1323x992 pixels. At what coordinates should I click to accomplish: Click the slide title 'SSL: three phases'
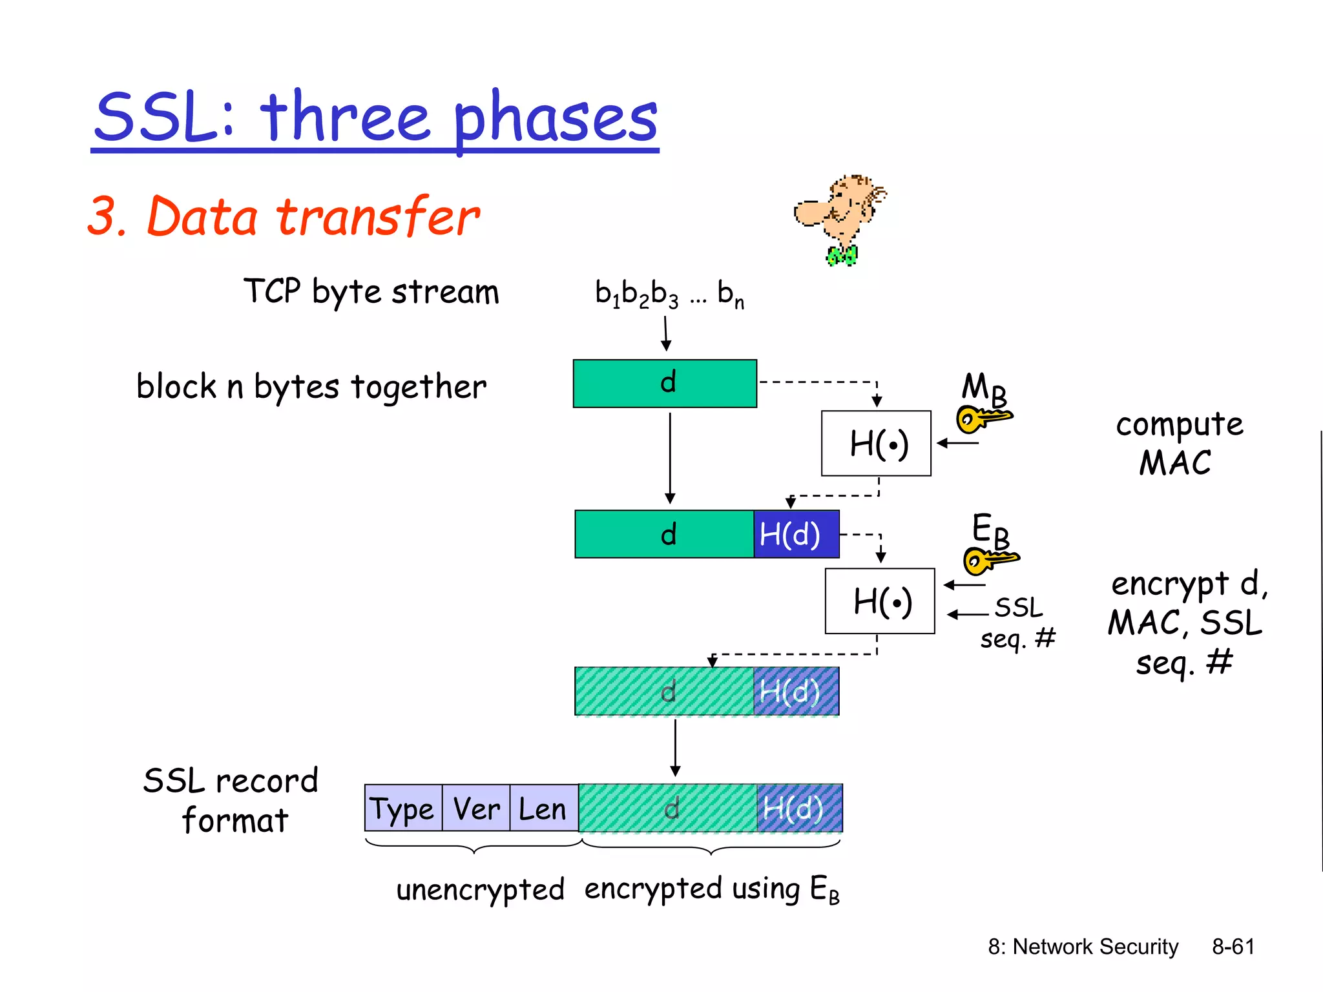[x=375, y=118]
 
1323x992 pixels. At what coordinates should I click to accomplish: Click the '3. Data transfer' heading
[x=284, y=216]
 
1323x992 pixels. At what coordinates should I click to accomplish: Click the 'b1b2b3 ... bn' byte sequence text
[x=669, y=294]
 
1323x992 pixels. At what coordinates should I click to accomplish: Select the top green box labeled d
[x=665, y=384]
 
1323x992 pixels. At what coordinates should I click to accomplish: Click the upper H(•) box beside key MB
[x=876, y=444]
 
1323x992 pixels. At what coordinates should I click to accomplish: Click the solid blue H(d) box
[x=796, y=534]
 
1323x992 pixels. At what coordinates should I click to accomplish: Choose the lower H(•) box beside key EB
[x=880, y=601]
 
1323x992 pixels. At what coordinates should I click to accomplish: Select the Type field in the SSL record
[x=403, y=808]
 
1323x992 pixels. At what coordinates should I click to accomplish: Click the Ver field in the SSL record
[x=476, y=808]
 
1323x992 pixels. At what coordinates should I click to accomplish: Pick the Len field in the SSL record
[x=543, y=808]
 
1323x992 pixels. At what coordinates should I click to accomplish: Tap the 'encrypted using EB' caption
[x=711, y=889]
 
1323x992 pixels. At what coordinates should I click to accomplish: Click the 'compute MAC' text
[x=1178, y=444]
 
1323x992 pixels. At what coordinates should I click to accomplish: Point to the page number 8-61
[x=1233, y=947]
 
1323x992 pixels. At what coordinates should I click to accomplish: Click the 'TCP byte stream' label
[x=371, y=292]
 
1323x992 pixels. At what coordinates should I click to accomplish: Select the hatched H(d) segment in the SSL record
[x=799, y=808]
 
